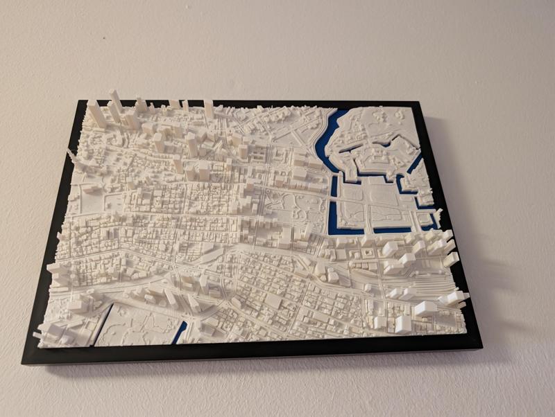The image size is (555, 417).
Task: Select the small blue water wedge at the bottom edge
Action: pyautogui.click(x=180, y=332)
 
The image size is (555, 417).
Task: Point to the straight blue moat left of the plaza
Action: pyautogui.click(x=332, y=204)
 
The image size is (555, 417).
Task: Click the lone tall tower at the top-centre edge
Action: pyautogui.click(x=208, y=109)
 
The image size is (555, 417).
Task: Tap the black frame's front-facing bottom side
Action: pyautogui.click(x=250, y=353)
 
